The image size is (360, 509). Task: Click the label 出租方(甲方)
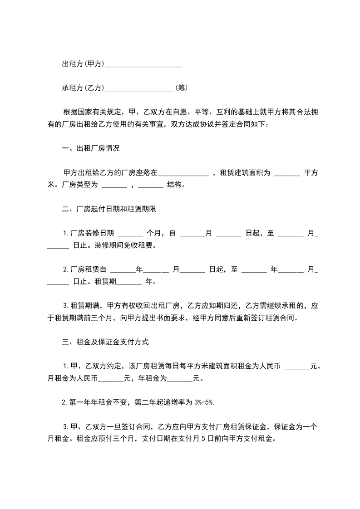83,64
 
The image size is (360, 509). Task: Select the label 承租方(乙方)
83,88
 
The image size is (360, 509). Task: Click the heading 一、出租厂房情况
91,148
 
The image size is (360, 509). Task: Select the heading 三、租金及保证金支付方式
105,342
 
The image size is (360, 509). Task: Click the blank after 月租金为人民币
111,379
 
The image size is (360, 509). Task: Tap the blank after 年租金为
181,379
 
